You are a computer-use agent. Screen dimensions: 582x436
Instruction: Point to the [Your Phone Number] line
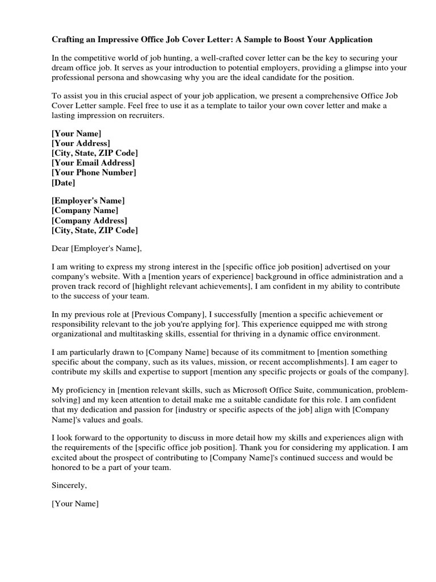[94, 172]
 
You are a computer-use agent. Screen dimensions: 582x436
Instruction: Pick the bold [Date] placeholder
[63, 182]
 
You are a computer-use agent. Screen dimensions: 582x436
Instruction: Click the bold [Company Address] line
[89, 221]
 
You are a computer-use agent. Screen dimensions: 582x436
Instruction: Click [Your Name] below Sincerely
[75, 504]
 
